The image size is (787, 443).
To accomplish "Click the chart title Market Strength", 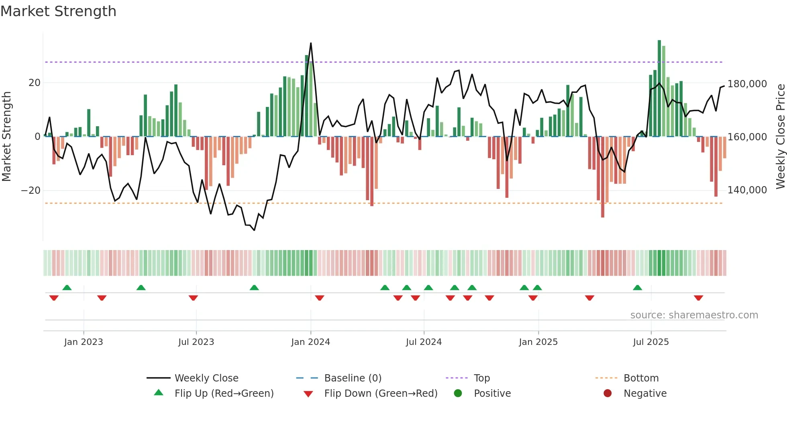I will tap(58, 11).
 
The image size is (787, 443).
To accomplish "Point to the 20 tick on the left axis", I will tap(35, 83).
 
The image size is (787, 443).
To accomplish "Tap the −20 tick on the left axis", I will tap(31, 190).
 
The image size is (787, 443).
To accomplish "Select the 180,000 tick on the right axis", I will tap(747, 84).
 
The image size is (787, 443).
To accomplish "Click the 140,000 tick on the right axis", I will tap(747, 190).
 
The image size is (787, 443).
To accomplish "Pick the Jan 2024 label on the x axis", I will tap(310, 342).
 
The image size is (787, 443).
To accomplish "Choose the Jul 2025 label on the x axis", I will tap(651, 342).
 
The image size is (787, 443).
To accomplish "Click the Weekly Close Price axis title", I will tap(780, 137).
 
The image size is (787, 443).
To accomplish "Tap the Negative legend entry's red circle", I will tap(608, 393).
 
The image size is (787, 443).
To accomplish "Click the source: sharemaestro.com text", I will tap(694, 315).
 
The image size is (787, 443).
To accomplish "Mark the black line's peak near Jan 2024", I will tap(311, 43).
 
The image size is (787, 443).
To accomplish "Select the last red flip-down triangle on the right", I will tap(698, 298).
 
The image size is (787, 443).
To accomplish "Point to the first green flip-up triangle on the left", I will tap(67, 287).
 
